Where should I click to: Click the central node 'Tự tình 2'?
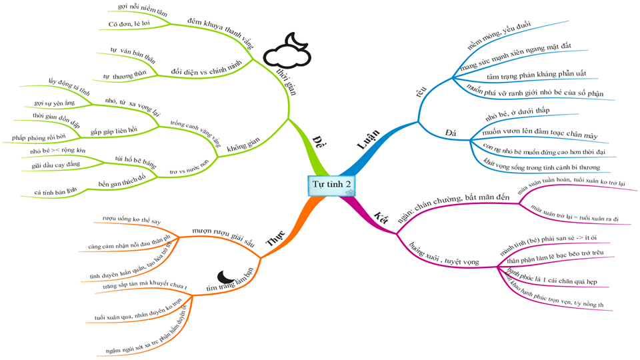click(x=331, y=184)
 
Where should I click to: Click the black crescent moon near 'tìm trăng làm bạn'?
click(x=227, y=275)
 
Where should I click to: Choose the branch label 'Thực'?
click(x=276, y=237)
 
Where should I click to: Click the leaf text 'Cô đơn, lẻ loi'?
click(x=131, y=24)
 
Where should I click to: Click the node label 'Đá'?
click(x=451, y=133)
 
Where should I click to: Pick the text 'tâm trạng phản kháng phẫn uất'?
click(x=529, y=77)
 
